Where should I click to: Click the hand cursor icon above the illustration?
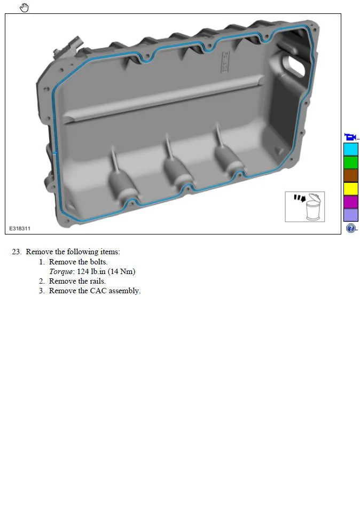tap(24, 7)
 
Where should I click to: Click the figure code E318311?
tap(20, 229)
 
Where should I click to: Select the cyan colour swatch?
tap(350, 150)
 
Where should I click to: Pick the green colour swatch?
tap(350, 162)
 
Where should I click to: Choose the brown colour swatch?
tap(350, 175)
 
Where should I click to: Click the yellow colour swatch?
tap(350, 189)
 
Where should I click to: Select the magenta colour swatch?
tap(350, 201)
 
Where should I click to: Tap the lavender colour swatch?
tap(350, 215)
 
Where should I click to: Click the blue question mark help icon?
tap(350, 228)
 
